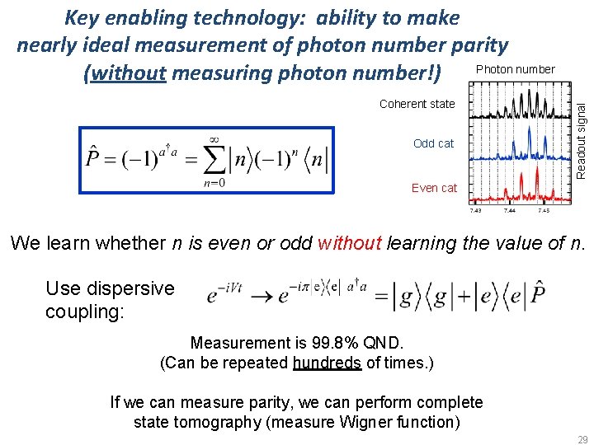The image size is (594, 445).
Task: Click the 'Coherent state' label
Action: tap(417, 104)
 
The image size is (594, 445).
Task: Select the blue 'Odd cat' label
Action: tap(433, 143)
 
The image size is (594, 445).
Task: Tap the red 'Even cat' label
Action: tap(434, 188)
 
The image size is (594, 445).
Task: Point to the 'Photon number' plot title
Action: tap(516, 69)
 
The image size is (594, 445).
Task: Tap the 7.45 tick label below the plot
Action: tap(543, 211)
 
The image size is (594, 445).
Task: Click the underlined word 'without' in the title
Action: tap(129, 73)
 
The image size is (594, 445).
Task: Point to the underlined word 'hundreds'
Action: tap(327, 363)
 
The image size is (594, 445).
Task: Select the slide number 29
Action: tap(582, 439)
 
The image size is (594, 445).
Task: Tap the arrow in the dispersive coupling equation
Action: tap(266, 295)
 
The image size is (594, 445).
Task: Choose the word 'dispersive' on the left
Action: tap(134, 288)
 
